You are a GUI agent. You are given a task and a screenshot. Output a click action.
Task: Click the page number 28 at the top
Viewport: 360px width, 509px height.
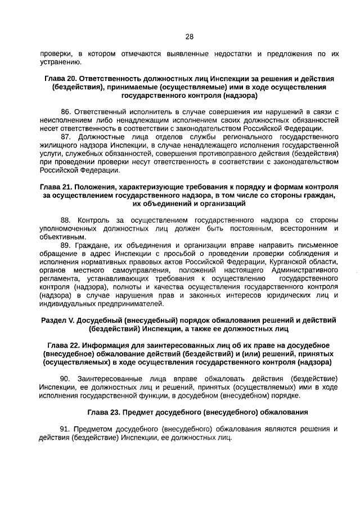click(189, 37)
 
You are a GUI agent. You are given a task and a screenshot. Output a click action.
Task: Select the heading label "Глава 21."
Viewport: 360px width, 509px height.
click(56, 186)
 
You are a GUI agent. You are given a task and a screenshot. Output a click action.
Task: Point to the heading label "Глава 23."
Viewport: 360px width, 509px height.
click(104, 412)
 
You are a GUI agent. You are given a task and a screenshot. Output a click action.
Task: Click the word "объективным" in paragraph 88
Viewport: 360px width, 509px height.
click(62, 237)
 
